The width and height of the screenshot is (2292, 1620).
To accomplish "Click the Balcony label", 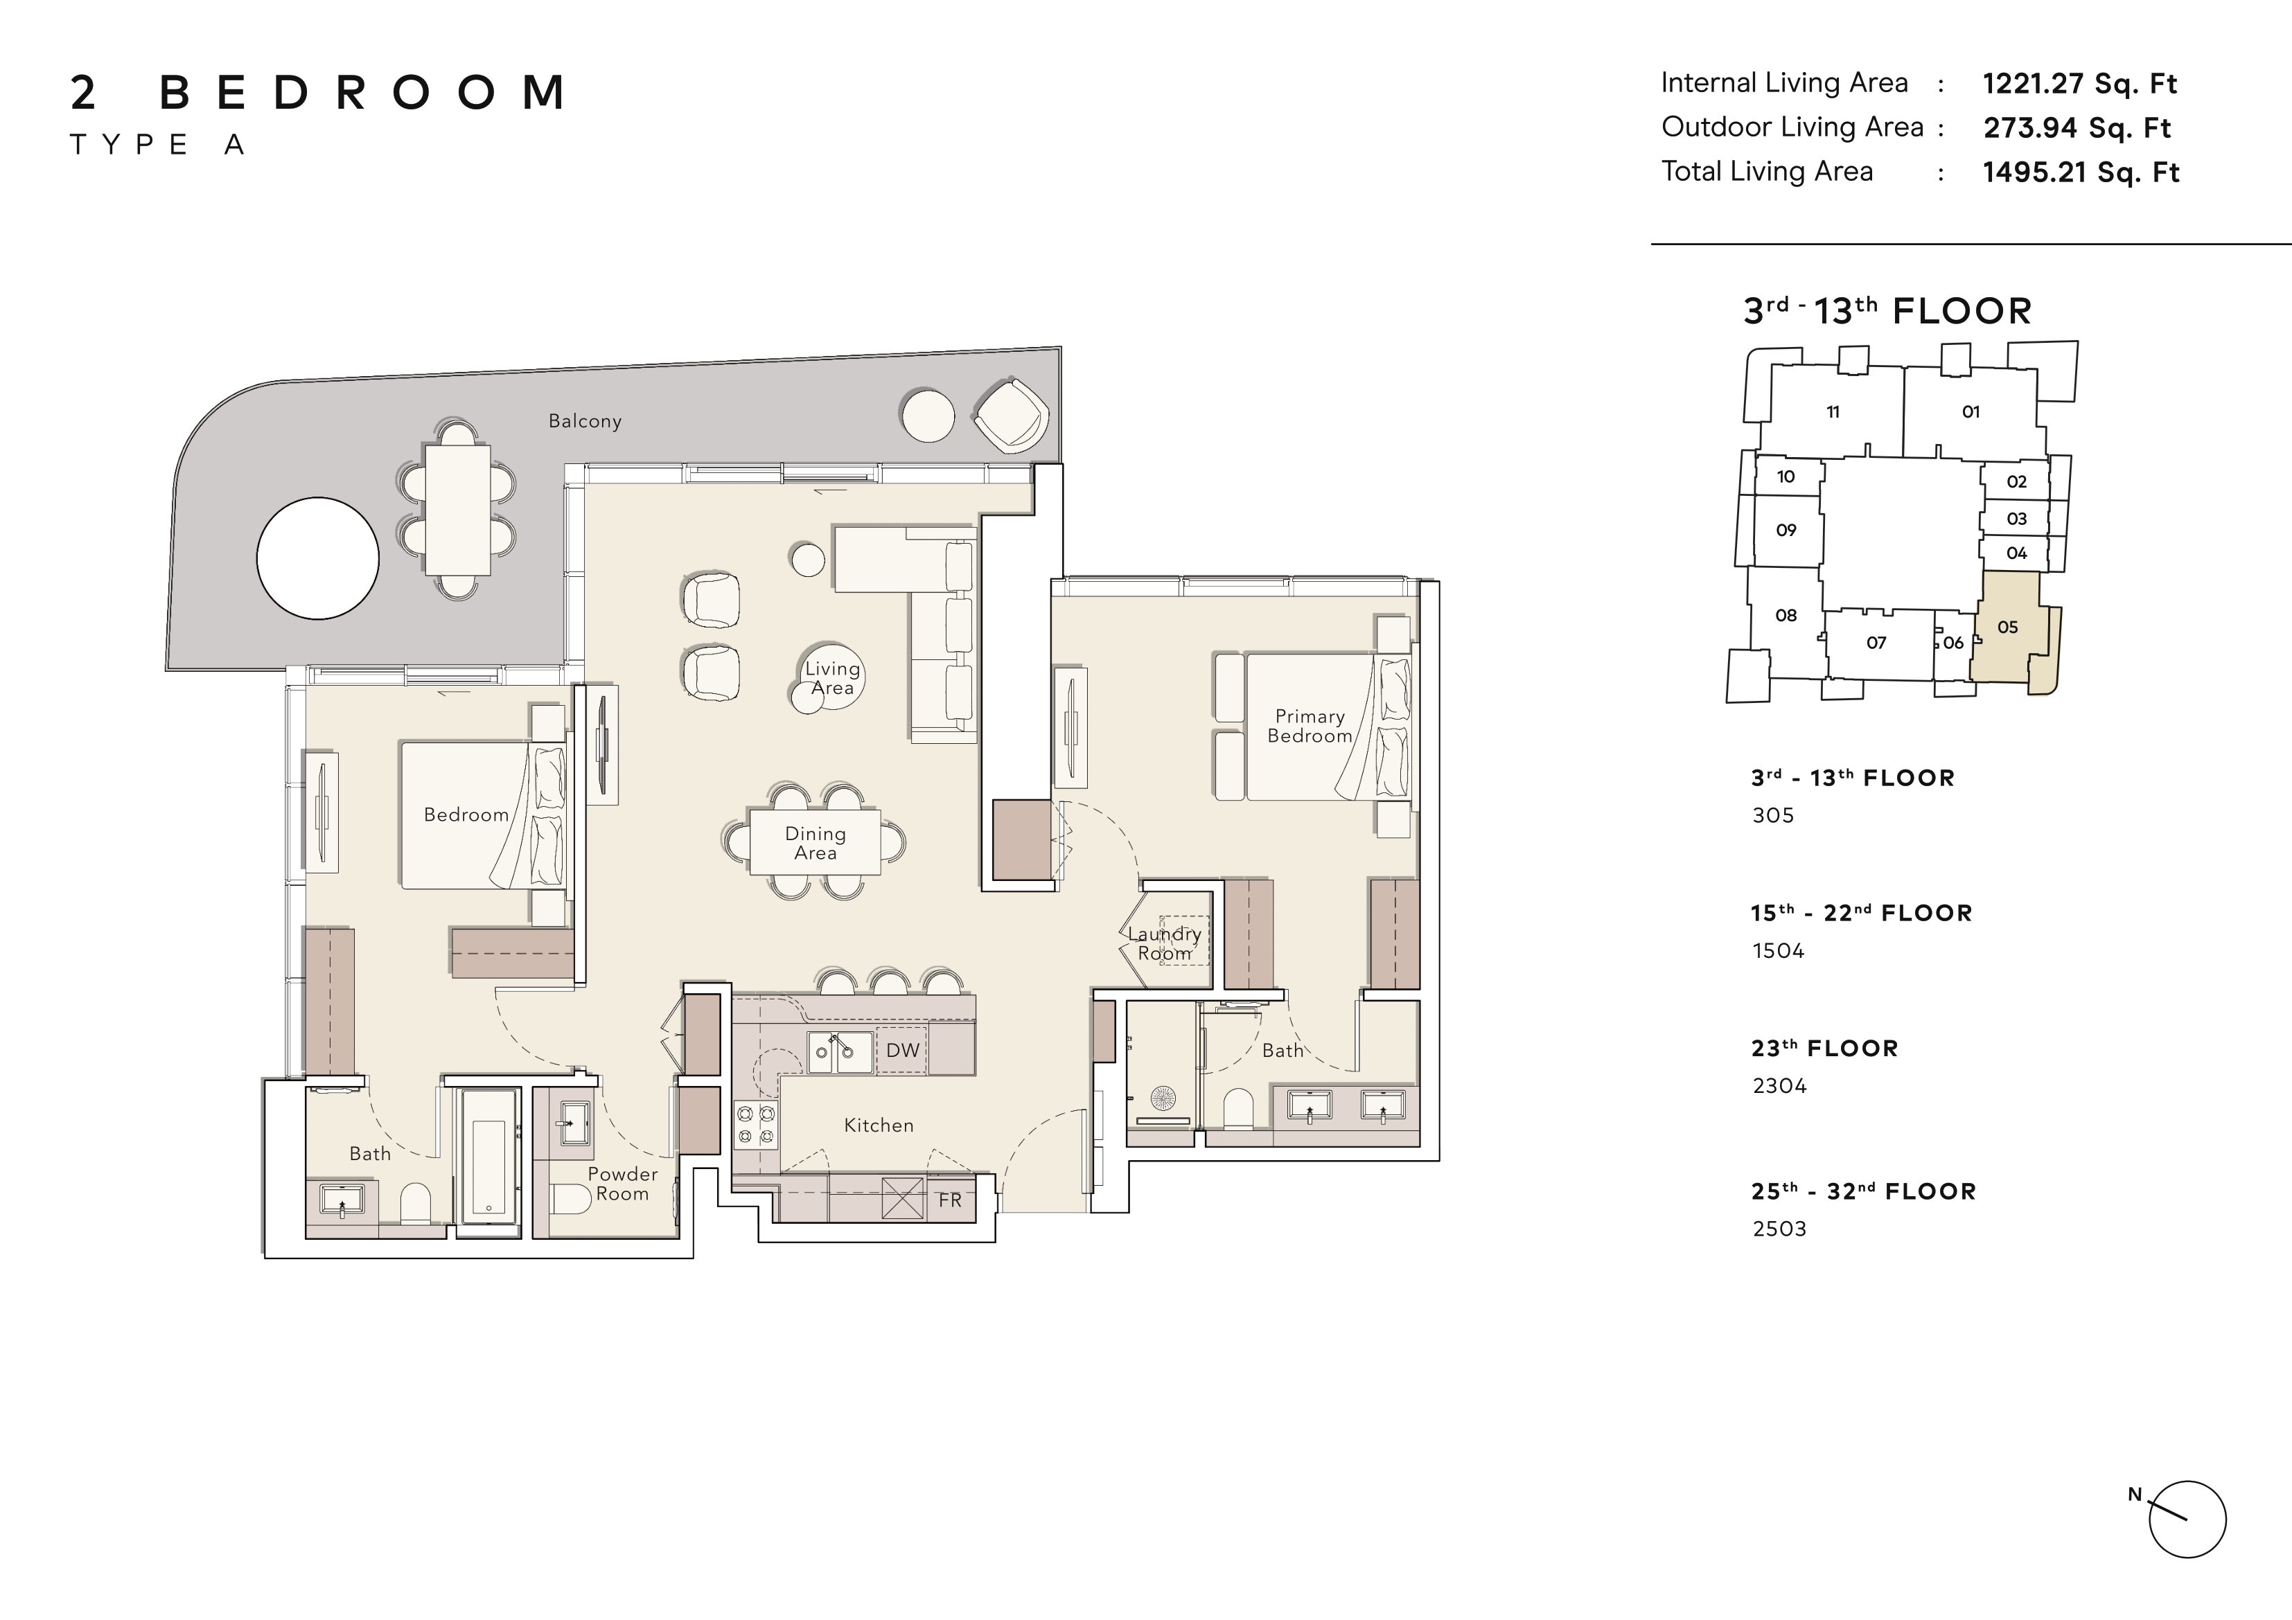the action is [x=585, y=421].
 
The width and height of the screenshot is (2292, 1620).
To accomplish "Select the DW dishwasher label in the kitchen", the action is [x=902, y=1050].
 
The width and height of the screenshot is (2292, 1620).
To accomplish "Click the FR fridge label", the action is [x=949, y=1200].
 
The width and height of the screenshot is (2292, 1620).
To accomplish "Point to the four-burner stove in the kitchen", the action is [x=756, y=1124].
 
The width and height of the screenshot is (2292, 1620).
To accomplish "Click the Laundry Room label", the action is [x=1164, y=943].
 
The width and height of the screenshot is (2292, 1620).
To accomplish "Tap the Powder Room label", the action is [x=622, y=1184].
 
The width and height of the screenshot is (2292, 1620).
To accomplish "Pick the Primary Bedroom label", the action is [x=1310, y=726].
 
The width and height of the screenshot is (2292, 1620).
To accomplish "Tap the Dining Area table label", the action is [x=816, y=844].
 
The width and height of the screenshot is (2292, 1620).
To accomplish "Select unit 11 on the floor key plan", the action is [x=1833, y=411].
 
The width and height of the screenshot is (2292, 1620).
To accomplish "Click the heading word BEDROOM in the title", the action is [x=363, y=93].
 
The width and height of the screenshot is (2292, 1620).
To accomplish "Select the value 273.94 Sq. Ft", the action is [x=2077, y=127].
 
